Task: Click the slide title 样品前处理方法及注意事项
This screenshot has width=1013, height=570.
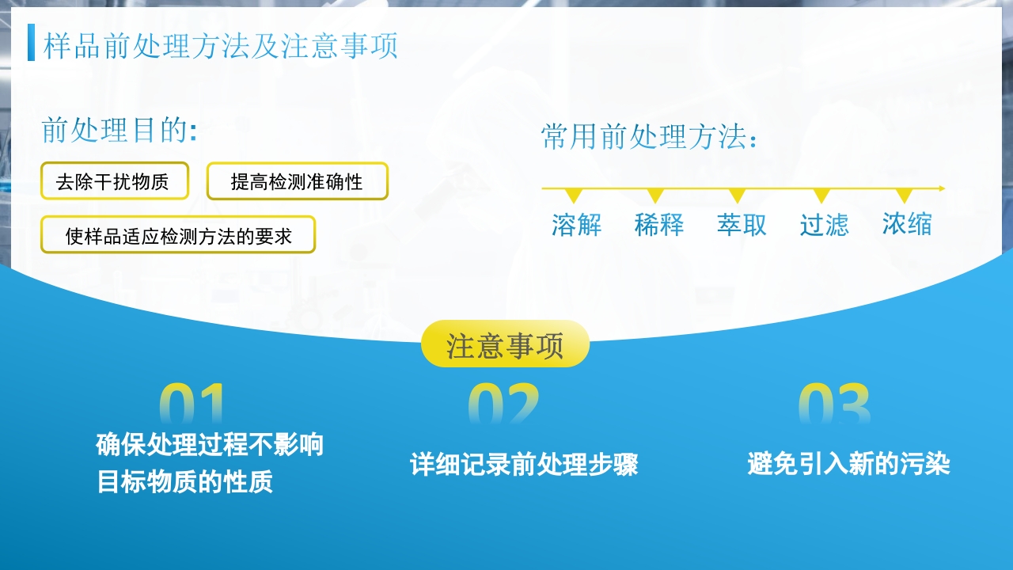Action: (220, 46)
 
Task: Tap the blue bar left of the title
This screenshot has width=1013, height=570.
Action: (31, 43)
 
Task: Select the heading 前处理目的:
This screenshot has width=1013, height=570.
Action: (119, 131)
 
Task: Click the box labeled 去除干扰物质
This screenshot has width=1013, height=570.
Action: (115, 181)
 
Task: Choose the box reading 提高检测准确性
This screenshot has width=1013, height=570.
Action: (297, 181)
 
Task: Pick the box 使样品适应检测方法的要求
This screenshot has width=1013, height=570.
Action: (178, 235)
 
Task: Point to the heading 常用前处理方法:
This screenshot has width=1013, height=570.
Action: (650, 137)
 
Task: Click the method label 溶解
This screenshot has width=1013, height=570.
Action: (576, 226)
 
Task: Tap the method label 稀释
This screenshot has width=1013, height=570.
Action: (658, 226)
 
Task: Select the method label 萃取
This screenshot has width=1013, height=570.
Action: (742, 226)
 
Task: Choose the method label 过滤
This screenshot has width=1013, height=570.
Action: (824, 226)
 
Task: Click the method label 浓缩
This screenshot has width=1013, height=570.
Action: (907, 225)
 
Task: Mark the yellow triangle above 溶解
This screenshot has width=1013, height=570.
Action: (574, 195)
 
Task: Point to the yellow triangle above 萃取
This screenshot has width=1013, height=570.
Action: (738, 195)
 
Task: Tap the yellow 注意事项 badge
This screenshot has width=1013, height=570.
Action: (505, 344)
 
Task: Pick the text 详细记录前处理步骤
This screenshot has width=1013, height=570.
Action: (524, 465)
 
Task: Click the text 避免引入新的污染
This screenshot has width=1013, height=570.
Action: (848, 464)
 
